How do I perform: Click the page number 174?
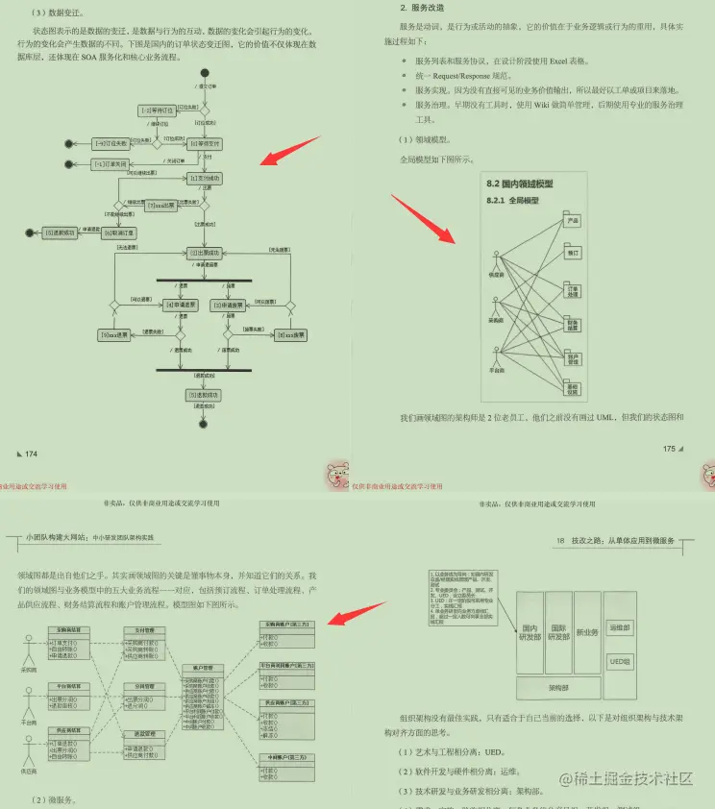click(x=31, y=454)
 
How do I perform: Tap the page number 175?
click(x=669, y=448)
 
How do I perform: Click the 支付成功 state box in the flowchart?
click(x=204, y=179)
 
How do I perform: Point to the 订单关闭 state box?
click(x=111, y=164)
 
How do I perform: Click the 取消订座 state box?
click(x=120, y=233)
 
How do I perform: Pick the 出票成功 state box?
click(x=204, y=253)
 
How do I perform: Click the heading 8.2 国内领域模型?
click(x=520, y=184)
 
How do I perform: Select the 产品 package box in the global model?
click(x=573, y=220)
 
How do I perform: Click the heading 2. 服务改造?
click(x=422, y=8)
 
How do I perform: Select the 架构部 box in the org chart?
click(x=559, y=688)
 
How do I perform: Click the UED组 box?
click(x=619, y=661)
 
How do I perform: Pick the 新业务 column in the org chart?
click(x=588, y=631)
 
